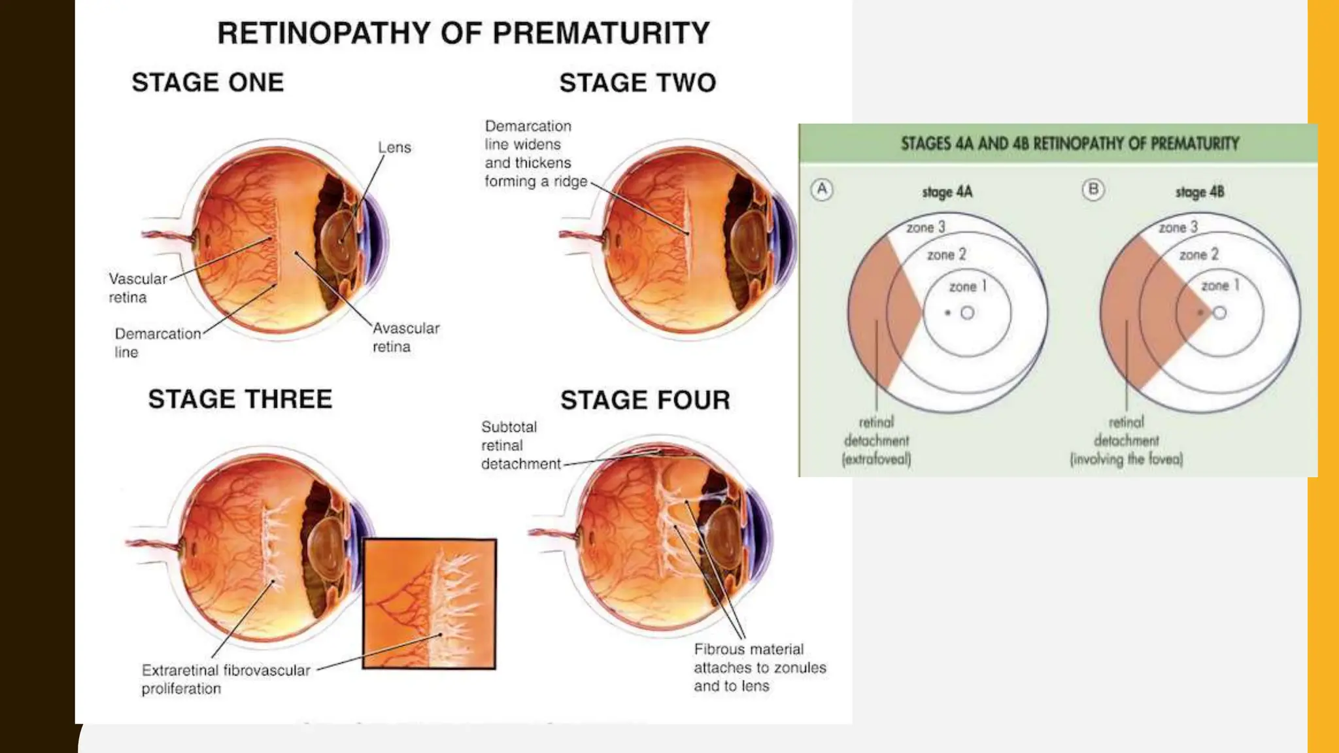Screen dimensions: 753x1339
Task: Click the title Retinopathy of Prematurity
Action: coord(463,33)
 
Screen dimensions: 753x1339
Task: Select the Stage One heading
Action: coord(208,82)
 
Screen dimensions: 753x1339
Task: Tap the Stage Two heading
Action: coord(637,83)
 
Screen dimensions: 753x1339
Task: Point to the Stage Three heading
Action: coord(240,399)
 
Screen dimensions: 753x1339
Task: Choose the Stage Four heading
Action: coord(645,400)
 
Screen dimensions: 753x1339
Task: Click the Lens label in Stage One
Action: coord(394,148)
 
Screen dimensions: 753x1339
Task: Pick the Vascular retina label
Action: coord(137,288)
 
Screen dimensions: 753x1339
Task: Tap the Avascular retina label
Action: coord(405,337)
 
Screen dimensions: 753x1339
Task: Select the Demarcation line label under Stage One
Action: coord(157,343)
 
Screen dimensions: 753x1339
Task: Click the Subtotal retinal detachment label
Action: coord(520,446)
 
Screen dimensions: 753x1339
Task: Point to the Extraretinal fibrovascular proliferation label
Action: coord(226,679)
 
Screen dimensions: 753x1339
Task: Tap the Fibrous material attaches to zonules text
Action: coord(759,667)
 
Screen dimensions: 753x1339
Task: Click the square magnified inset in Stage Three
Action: coord(430,603)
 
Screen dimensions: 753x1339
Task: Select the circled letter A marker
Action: coord(822,190)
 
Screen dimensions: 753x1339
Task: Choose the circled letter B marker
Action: coord(1093,190)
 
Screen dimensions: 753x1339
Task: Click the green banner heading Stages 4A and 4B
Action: coord(1070,144)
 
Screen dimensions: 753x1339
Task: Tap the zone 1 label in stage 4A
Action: coord(967,286)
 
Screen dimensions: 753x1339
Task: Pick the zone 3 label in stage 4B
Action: coord(1178,227)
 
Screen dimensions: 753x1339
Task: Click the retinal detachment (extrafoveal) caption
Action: coord(876,441)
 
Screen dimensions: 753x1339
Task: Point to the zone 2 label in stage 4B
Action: coord(1198,255)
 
